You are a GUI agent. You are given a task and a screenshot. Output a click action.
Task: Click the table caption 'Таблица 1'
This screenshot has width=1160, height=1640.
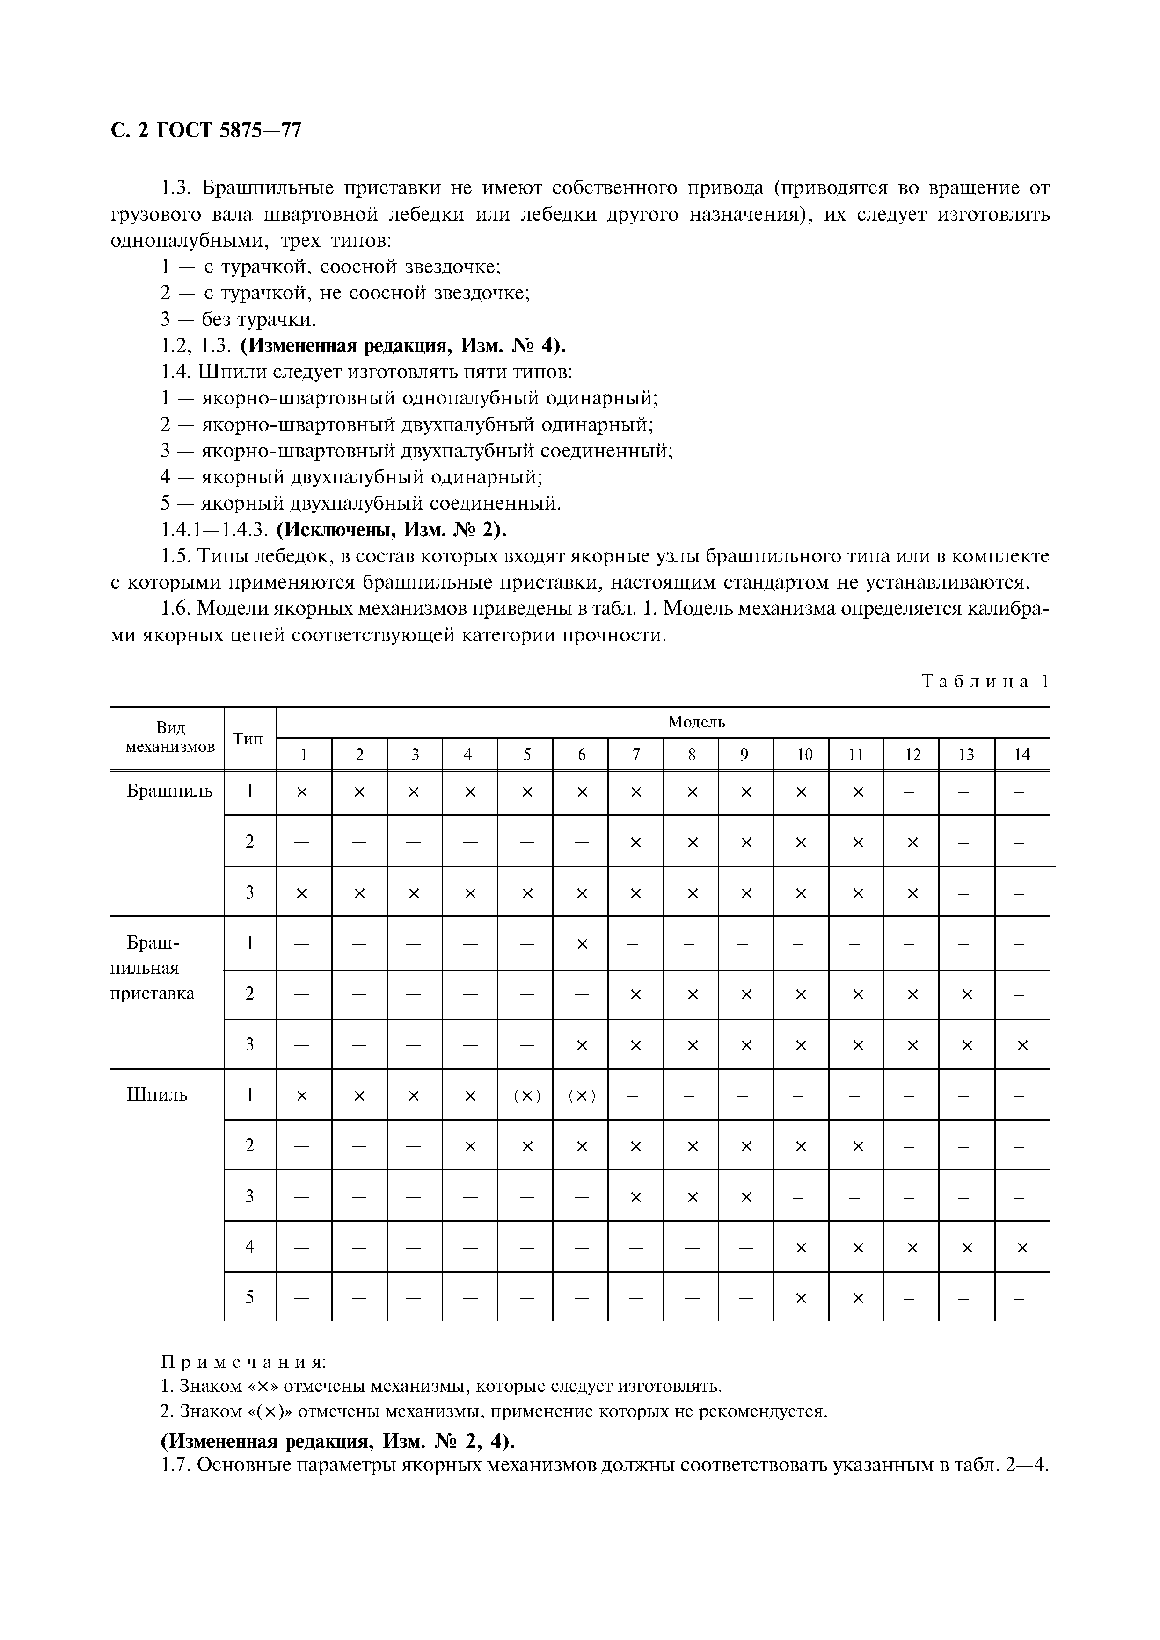(x=985, y=682)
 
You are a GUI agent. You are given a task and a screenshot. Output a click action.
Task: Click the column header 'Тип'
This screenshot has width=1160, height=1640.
(x=249, y=739)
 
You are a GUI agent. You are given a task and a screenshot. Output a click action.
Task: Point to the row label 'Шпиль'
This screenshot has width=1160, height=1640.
(x=157, y=1095)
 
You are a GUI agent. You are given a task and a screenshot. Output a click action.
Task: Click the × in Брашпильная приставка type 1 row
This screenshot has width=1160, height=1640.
(x=582, y=943)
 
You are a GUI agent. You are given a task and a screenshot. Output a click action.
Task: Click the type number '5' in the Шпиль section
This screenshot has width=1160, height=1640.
(x=249, y=1297)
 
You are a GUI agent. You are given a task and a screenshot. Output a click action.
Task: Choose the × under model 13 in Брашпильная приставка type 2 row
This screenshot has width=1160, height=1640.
(x=966, y=994)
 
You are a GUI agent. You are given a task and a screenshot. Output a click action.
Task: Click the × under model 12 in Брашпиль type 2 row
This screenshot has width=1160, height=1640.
(x=911, y=842)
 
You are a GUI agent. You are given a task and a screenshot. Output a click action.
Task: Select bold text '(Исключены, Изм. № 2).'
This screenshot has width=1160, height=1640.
(x=392, y=530)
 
